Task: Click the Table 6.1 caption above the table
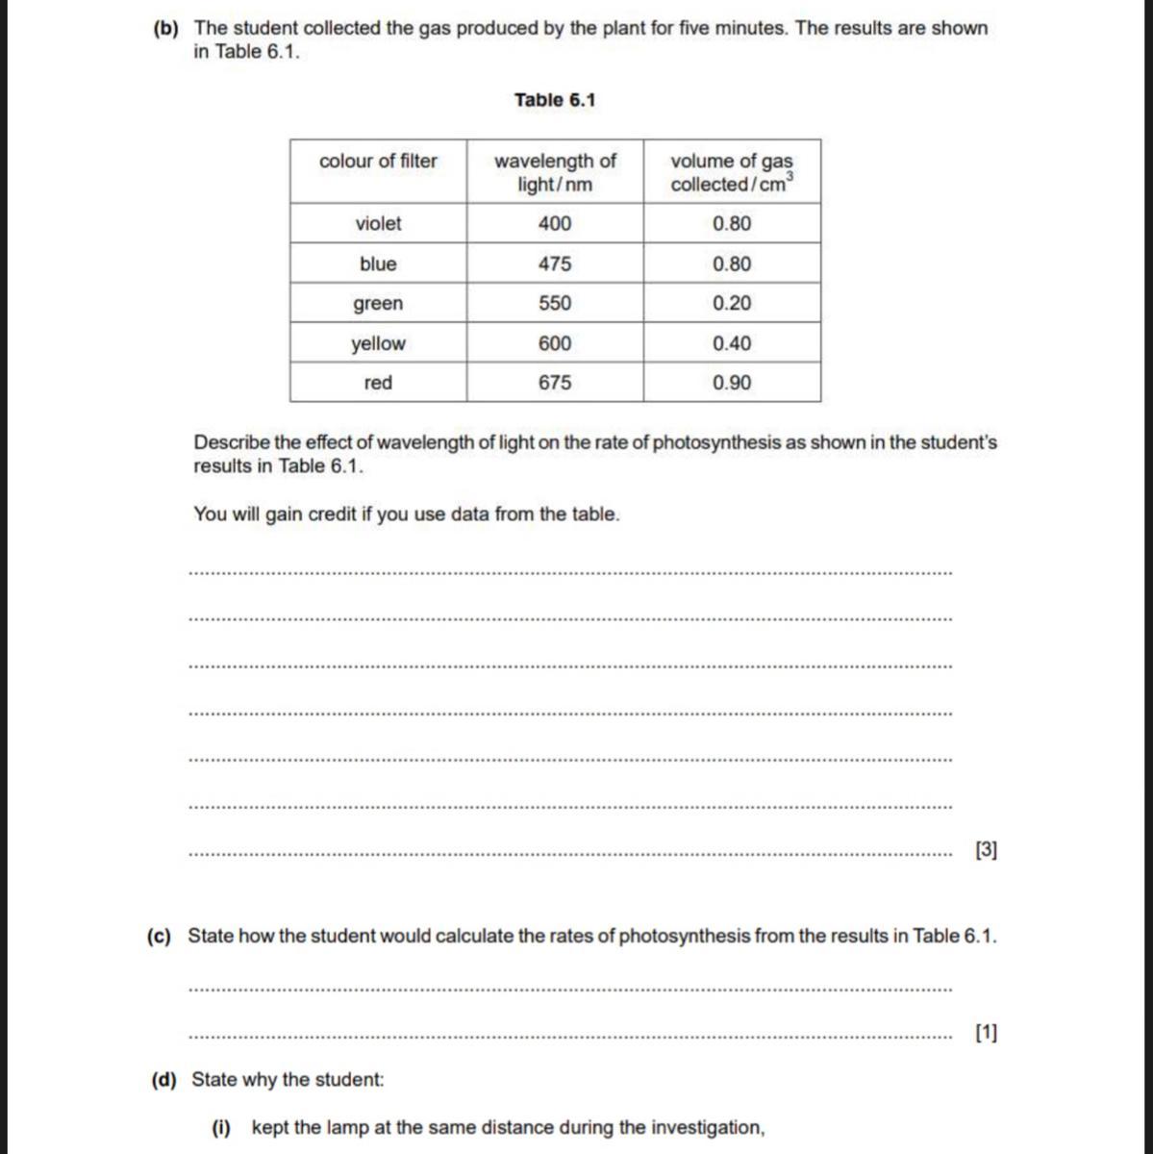pyautogui.click(x=555, y=100)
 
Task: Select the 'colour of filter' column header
pyautogui.click(x=378, y=162)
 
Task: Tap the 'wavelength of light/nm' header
pyautogui.click(x=555, y=172)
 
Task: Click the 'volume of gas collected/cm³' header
pyautogui.click(x=732, y=172)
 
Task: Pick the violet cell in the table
pyautogui.click(x=378, y=224)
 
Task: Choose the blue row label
pyautogui.click(x=378, y=263)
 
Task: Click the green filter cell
pyautogui.click(x=378, y=304)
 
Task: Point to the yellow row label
pyautogui.click(x=378, y=343)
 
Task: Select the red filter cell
pyautogui.click(x=378, y=383)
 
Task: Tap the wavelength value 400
pyautogui.click(x=555, y=224)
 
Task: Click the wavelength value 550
pyautogui.click(x=555, y=304)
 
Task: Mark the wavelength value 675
pyautogui.click(x=555, y=383)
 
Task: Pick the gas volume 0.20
pyautogui.click(x=732, y=304)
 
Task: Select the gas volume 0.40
pyautogui.click(x=732, y=343)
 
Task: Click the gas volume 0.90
pyautogui.click(x=732, y=383)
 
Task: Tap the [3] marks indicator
pyautogui.click(x=986, y=850)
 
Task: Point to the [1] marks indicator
pyautogui.click(x=986, y=1033)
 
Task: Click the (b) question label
pyautogui.click(x=165, y=28)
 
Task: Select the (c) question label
pyautogui.click(x=159, y=936)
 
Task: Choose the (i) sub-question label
pyautogui.click(x=221, y=1128)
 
